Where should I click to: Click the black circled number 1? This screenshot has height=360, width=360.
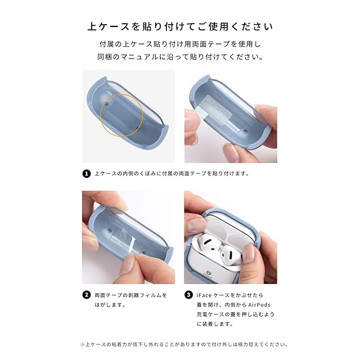[x=86, y=174]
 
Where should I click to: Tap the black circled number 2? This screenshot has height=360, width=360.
[x=86, y=295]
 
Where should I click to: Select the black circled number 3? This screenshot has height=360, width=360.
[x=188, y=295]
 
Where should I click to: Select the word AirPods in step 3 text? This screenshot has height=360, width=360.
[x=259, y=305]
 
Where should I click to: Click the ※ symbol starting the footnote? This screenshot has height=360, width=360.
[x=83, y=344]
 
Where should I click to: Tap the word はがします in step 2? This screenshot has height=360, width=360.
[x=108, y=305]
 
